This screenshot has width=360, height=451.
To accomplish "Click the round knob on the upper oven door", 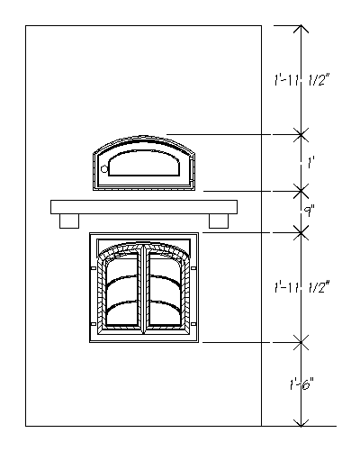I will pyautogui.click(x=105, y=168).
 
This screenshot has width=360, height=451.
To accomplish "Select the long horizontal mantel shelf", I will pyautogui.click(x=144, y=207).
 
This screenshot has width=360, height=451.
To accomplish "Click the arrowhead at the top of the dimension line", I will pyautogui.click(x=301, y=31).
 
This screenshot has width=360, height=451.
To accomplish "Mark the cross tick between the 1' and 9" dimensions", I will pyautogui.click(x=301, y=190).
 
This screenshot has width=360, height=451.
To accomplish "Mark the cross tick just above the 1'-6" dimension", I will pyautogui.click(x=301, y=342).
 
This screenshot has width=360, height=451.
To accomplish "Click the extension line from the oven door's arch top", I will pyautogui.click(x=234, y=135).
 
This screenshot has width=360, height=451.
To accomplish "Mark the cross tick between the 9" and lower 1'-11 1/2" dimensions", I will pyautogui.click(x=301, y=232).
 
